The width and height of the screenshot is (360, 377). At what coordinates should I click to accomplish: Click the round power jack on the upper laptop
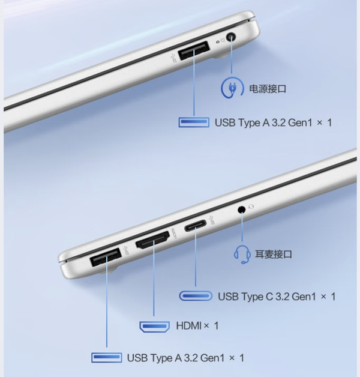point(231,38)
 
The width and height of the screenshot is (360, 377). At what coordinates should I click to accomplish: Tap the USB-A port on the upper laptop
point(194,50)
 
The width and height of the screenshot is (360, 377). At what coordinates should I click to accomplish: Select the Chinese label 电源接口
point(268,89)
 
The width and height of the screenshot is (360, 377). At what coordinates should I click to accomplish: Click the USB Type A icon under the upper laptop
point(194,122)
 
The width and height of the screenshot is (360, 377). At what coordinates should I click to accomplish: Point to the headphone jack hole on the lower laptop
point(242,210)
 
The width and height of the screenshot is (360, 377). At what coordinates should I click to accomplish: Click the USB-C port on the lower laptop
point(195,226)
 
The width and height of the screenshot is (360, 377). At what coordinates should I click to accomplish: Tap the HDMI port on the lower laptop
point(152,240)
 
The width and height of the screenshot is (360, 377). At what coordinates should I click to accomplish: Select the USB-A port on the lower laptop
point(105,257)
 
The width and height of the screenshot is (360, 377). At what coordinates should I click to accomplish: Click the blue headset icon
point(242,255)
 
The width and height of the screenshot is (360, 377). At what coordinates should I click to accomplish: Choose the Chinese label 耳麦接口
point(273,254)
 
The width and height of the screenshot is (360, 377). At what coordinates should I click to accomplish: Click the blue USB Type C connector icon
point(196,296)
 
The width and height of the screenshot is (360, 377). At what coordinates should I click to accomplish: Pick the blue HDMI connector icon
point(155,327)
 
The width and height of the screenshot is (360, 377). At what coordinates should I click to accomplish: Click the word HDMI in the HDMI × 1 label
point(189,326)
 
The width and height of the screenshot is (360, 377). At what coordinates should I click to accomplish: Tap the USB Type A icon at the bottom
point(106,358)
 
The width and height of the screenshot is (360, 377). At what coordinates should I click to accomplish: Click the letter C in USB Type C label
point(269,297)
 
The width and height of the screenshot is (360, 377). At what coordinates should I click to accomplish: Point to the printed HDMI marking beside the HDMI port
point(174,233)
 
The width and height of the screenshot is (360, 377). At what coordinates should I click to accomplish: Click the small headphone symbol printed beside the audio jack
point(251,207)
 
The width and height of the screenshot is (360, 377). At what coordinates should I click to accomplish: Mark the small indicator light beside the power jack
point(218,42)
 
